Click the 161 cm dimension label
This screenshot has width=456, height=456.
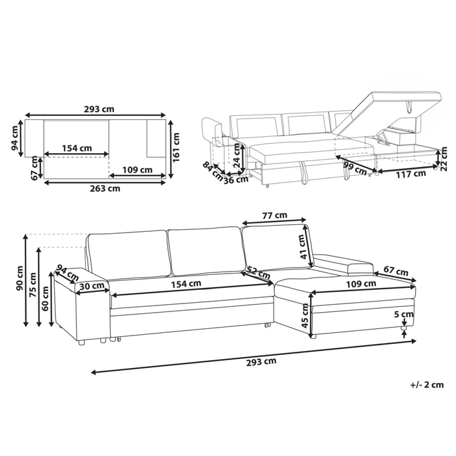point(177,147)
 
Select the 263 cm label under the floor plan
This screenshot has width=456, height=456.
point(105,188)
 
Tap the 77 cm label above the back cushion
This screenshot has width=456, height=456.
point(274,216)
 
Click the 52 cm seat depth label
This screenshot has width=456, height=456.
point(257,273)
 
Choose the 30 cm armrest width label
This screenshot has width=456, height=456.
point(93,286)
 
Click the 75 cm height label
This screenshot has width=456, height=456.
point(33,285)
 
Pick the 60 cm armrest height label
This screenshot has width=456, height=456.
point(46,298)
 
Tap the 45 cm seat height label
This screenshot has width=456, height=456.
point(305,316)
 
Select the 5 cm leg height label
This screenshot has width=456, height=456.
point(404,314)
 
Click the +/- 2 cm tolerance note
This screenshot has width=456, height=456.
point(427,385)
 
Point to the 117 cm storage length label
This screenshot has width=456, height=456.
point(410,175)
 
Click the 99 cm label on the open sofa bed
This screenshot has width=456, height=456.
point(355,168)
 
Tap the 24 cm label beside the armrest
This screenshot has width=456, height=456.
point(237,156)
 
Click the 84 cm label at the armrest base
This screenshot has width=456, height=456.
point(212,171)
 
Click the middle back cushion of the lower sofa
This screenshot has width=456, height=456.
point(207,251)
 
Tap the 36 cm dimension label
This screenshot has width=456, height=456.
point(236,180)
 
